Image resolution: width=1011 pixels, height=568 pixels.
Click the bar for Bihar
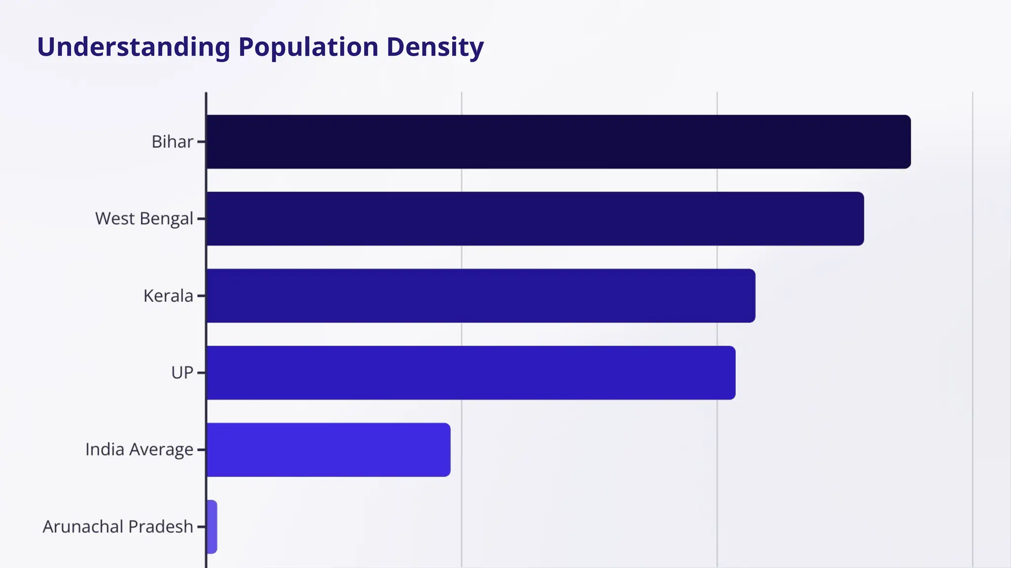point(558,142)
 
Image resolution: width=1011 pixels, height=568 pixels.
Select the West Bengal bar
point(535,219)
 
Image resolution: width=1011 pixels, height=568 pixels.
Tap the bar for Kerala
point(481,296)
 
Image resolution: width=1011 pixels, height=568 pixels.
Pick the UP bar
point(471,373)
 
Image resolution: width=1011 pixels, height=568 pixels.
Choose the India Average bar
point(328,450)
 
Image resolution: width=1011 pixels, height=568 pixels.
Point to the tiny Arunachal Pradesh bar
point(212,527)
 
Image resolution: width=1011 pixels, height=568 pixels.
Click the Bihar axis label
point(172,142)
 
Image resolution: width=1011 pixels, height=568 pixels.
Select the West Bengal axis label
point(144,219)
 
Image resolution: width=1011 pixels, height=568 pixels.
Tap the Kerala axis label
point(168,296)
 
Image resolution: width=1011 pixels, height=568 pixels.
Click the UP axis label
point(182,373)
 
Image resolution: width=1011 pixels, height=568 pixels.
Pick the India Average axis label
point(139,450)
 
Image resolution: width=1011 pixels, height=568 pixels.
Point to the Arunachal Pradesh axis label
point(118,527)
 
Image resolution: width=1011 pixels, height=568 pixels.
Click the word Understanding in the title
point(134,47)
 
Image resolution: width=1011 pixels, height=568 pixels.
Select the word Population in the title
point(309,47)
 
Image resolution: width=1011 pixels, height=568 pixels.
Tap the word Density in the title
point(435,47)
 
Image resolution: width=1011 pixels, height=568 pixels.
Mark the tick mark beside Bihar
point(201,142)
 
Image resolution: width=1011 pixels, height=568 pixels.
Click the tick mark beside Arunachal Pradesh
point(201,527)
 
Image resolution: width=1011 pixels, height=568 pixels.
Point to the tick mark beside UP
point(201,373)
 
